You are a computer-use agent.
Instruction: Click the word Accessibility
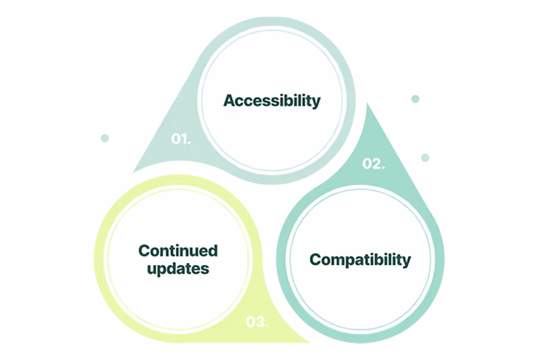[271, 101]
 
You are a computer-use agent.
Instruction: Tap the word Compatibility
[360, 259]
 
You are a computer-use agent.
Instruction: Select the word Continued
[178, 251]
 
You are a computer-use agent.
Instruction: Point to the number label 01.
[181, 139]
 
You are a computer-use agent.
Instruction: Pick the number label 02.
[374, 164]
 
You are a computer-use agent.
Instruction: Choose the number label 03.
[257, 321]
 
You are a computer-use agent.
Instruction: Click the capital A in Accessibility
[229, 101]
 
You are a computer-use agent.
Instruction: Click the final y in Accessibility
[316, 102]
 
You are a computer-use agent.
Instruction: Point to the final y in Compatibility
[406, 261]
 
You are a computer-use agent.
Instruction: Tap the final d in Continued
[213, 251]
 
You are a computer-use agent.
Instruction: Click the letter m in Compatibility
[339, 260]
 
